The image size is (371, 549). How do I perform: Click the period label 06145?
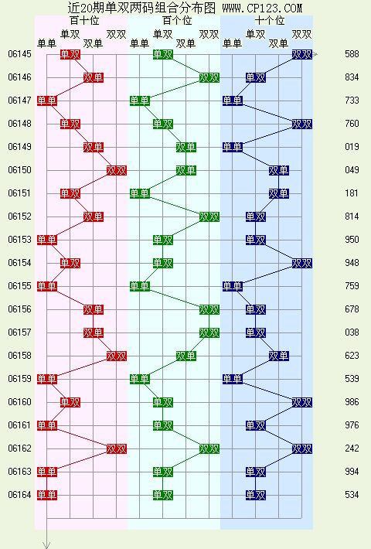[x=19, y=54]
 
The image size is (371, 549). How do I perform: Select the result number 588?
[x=352, y=54]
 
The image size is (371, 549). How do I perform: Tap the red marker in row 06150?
[x=117, y=171]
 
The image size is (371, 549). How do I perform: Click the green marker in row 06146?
[x=209, y=77]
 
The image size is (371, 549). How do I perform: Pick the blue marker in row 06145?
[x=302, y=54]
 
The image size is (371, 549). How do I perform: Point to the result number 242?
[x=352, y=448]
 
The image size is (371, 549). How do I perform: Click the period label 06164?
[x=19, y=495]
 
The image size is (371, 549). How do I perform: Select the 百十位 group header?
[x=84, y=20]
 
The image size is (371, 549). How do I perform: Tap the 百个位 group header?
[x=177, y=20]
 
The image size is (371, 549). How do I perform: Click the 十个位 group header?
[x=270, y=20]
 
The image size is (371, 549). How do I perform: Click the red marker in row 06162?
[x=117, y=448]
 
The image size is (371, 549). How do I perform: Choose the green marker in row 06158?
[x=186, y=356]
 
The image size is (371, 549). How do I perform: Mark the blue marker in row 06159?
[x=233, y=379]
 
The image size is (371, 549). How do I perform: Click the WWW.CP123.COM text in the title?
[x=262, y=8]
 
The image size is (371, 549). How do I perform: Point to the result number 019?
[x=352, y=147]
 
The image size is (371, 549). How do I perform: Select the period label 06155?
[x=19, y=286]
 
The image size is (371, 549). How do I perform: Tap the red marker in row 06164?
[x=47, y=495]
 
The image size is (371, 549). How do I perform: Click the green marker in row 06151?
[x=140, y=193]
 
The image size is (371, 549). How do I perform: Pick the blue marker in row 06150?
[x=279, y=171]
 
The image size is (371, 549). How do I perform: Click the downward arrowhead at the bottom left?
[x=46, y=545]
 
